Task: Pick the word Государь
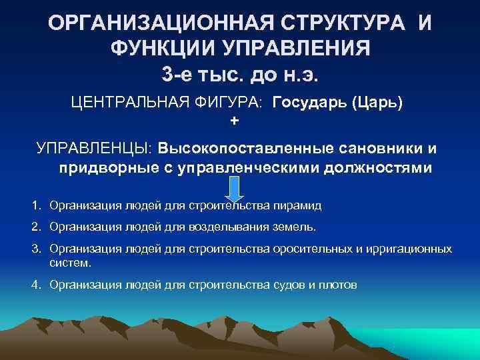(x=309, y=105)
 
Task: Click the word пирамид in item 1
(x=301, y=205)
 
